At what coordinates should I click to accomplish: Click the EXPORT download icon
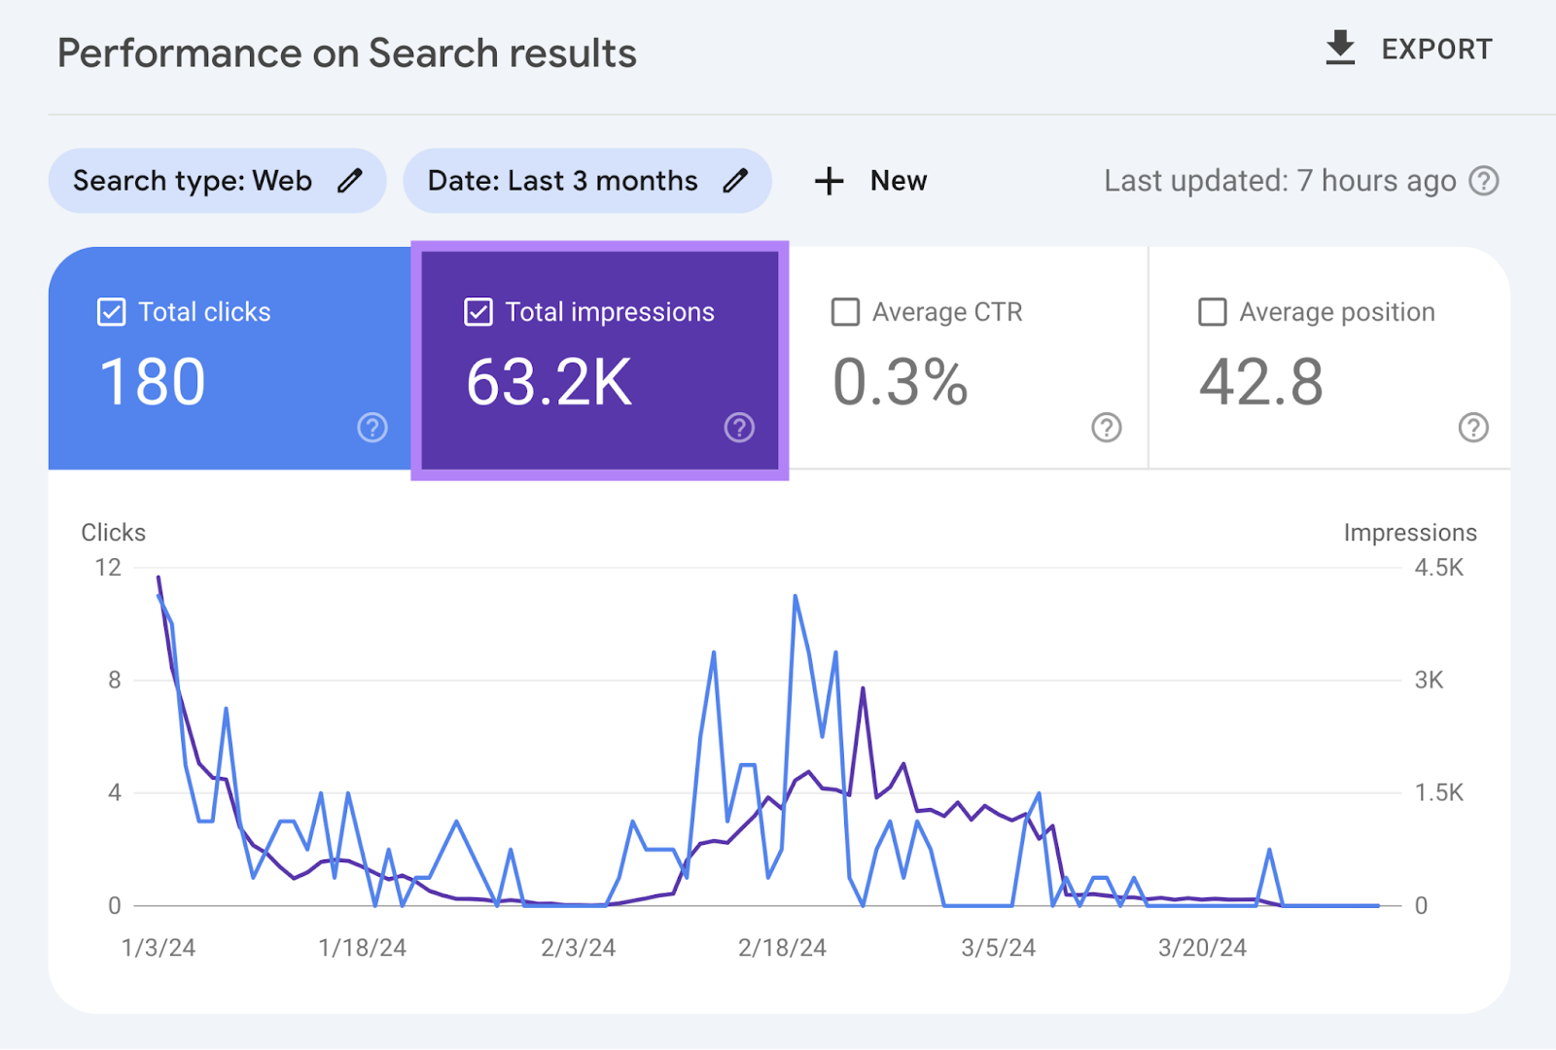coord(1340,49)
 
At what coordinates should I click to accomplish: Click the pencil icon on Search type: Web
coord(350,181)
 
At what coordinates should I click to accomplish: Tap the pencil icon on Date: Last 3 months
coord(736,181)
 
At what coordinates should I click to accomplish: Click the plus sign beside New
coord(829,181)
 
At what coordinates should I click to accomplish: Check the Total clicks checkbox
coord(112,312)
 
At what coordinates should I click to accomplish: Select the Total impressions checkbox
coord(478,312)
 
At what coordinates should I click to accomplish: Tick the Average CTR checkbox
coord(845,312)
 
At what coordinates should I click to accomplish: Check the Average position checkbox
coord(1212,312)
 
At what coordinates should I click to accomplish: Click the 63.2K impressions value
coord(549,382)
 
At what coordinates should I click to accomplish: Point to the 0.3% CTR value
coord(901,382)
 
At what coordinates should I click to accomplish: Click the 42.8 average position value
coord(1261,382)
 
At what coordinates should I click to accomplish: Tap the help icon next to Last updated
coord(1484,181)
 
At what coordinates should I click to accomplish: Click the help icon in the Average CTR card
coord(1107,428)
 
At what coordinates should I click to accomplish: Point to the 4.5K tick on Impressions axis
coord(1438,568)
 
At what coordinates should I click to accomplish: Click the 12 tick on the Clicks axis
coord(108,568)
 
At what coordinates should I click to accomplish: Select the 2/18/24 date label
coord(782,948)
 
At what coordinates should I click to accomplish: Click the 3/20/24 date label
coord(1202,948)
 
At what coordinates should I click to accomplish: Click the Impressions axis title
coord(1409,533)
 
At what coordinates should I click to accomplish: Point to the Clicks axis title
coord(113,533)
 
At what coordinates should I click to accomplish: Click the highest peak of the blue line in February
coord(796,596)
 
